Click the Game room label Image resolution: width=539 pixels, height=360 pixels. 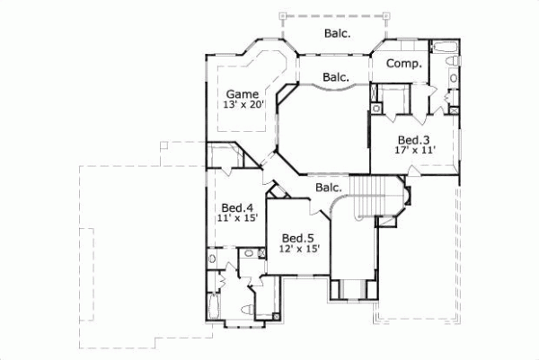tap(242, 93)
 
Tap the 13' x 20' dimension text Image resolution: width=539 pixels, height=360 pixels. tap(242, 105)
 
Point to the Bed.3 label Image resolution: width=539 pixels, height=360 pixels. tap(414, 139)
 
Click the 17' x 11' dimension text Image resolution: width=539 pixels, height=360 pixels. tap(414, 150)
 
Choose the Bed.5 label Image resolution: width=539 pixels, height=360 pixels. tap(300, 237)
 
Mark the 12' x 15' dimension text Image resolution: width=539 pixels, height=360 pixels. tap(300, 248)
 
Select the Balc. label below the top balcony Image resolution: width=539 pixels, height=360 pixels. tap(336, 77)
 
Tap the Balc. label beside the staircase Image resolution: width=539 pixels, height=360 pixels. tap(328, 188)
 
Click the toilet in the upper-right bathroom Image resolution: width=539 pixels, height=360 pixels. tap(454, 62)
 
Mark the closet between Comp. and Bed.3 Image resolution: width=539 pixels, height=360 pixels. tap(395, 99)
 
